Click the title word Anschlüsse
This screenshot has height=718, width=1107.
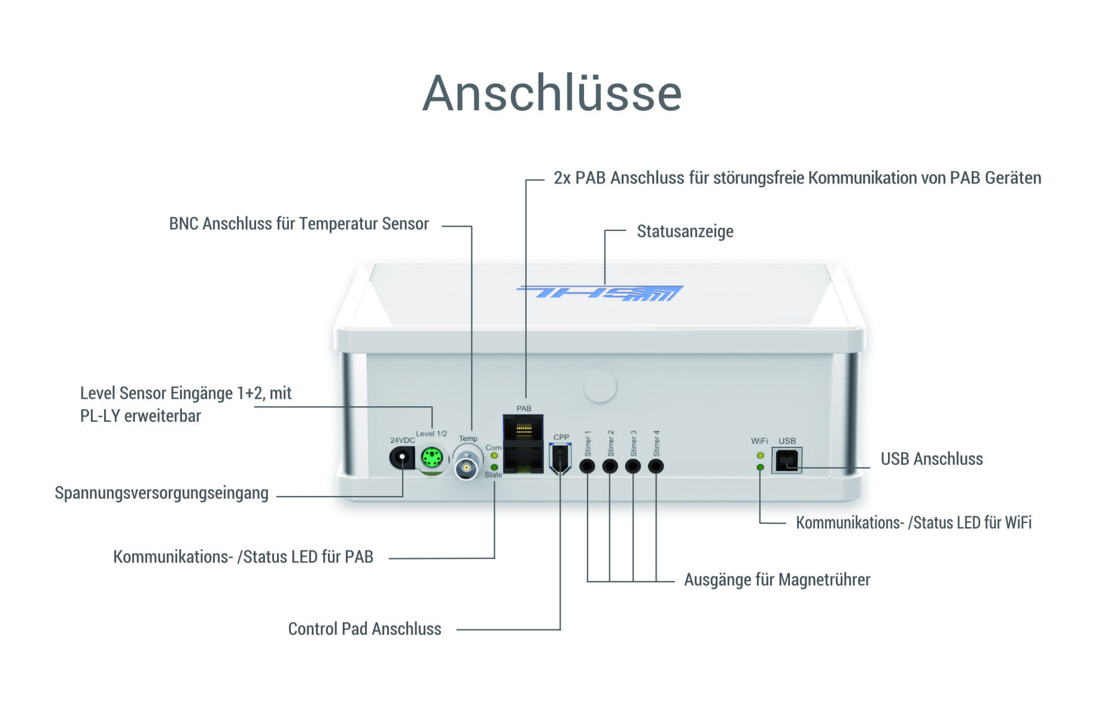[552, 93]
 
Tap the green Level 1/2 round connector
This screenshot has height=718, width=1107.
[431, 459]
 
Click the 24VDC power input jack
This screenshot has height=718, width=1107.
[402, 459]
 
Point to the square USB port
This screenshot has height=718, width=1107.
[786, 460]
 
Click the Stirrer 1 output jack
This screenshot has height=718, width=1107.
[587, 466]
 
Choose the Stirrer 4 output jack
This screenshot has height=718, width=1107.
[656, 466]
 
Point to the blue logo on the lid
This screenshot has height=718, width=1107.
[600, 293]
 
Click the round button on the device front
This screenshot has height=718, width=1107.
[600, 387]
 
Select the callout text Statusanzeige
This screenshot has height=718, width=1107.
[685, 232]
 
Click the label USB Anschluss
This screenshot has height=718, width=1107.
[932, 459]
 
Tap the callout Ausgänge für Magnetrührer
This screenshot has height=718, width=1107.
[777, 580]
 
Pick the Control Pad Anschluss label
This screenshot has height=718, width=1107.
[365, 629]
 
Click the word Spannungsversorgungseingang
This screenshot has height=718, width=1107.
[162, 494]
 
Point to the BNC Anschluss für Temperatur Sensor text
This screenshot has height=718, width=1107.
[299, 224]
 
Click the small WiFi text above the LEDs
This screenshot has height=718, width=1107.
[759, 441]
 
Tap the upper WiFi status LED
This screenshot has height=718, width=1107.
[760, 456]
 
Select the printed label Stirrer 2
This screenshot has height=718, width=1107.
[610, 443]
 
